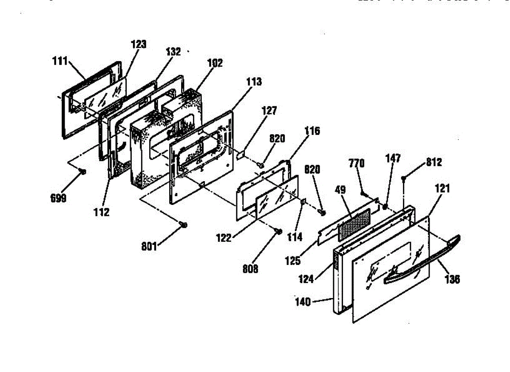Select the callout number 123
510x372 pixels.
click(139, 44)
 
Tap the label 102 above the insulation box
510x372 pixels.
click(214, 63)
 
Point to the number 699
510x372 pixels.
click(58, 199)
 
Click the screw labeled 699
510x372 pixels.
click(83, 171)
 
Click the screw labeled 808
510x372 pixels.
click(279, 231)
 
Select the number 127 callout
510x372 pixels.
click(269, 111)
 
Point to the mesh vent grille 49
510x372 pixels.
click(354, 222)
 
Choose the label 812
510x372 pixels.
click(433, 162)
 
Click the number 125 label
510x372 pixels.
click(293, 260)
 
